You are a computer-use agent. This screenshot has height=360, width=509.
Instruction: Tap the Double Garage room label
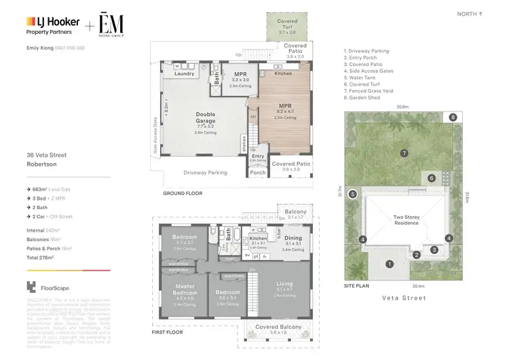coord(205,118)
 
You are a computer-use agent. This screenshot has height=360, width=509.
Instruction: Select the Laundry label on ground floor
coord(184,73)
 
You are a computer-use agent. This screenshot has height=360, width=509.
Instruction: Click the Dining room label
coord(293,238)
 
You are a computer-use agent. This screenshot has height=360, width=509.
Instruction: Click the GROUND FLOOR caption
coord(183,194)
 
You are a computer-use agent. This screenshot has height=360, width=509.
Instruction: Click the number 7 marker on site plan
coord(403,154)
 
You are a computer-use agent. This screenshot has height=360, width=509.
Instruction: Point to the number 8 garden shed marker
coord(453,118)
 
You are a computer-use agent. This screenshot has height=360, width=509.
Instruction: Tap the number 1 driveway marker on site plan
coord(390,264)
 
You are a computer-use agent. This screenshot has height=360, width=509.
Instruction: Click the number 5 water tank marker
coord(352,194)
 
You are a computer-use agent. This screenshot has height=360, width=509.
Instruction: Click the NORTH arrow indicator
coord(470,14)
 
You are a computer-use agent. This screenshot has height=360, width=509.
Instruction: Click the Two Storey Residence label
coord(407,220)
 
